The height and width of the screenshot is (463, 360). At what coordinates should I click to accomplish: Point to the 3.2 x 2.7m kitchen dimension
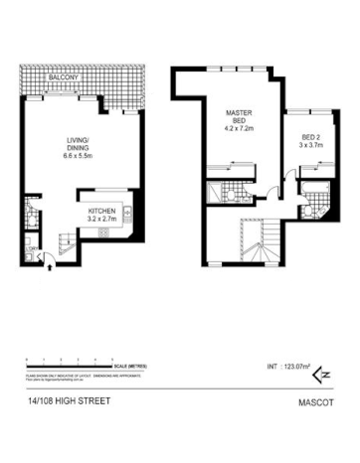(102, 221)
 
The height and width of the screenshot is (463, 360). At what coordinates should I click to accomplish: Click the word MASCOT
(312, 403)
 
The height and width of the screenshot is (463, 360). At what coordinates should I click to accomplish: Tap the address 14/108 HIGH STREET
(63, 402)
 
